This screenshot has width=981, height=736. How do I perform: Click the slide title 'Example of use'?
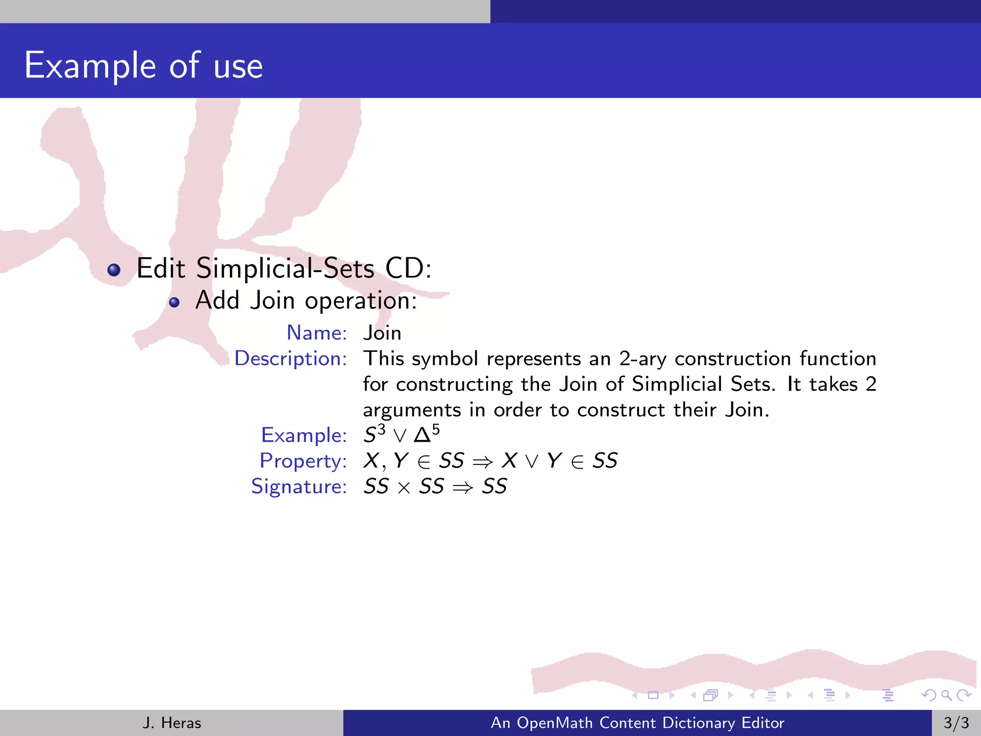(143, 66)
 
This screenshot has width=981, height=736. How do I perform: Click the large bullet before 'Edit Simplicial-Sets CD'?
(114, 270)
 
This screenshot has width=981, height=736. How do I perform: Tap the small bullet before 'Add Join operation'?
(174, 302)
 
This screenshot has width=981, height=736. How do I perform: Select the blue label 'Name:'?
(317, 333)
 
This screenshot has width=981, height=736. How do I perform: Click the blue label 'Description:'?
(290, 358)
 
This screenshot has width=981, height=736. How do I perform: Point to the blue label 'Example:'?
(304, 435)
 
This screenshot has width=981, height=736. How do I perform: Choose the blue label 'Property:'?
(303, 461)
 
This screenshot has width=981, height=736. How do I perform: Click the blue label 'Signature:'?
(299, 486)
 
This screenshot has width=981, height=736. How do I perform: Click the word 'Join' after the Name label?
(382, 333)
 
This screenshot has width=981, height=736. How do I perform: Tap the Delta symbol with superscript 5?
(426, 434)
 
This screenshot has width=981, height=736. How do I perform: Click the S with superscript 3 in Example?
(374, 434)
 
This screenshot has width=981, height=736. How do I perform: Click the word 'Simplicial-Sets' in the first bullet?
(285, 268)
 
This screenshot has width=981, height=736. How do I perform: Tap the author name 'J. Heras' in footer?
(171, 723)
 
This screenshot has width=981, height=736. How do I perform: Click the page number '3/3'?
(956, 723)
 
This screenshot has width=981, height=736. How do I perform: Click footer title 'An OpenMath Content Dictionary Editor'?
(638, 723)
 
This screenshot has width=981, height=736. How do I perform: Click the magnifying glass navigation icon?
(946, 695)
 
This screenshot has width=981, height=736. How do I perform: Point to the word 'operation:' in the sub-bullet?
(361, 301)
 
